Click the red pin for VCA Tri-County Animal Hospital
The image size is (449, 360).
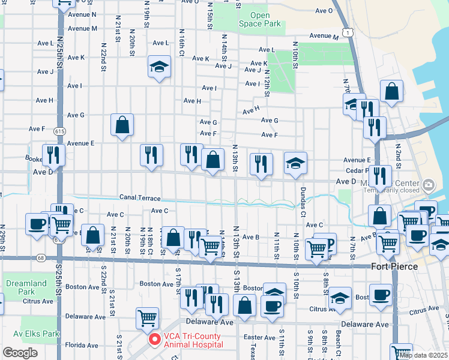pyautogui.click(x=154, y=340)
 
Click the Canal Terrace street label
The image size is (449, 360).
pyautogui.click(x=140, y=197)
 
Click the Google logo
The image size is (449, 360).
pyautogui.click(x=20, y=353)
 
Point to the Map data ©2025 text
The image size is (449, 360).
pyautogui.click(x=423, y=355)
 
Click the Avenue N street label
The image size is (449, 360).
pyautogui.click(x=82, y=14)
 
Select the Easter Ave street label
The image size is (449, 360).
pyautogui.click(x=260, y=338)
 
